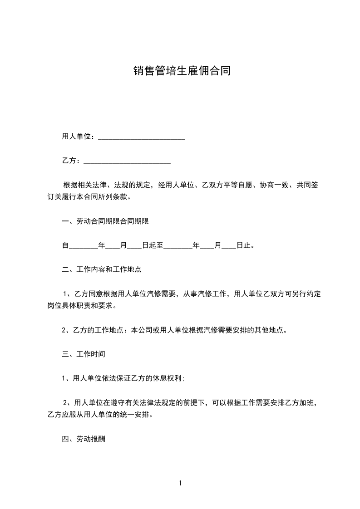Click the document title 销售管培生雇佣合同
pyautogui.click(x=182, y=71)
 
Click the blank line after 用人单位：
pyautogui.click(x=142, y=137)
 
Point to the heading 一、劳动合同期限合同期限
pyautogui.click(x=106, y=222)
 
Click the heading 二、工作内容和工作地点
pyautogui.click(x=102, y=269)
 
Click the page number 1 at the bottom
pyautogui.click(x=180, y=483)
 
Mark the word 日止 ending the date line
pyautogui.click(x=244, y=246)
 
